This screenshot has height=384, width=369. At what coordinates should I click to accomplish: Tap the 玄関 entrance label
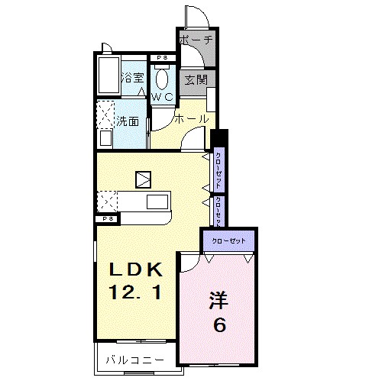tap(193, 79)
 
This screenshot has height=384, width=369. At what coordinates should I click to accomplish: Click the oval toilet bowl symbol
tap(162, 78)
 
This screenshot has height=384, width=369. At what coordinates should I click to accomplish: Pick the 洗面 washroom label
tap(128, 121)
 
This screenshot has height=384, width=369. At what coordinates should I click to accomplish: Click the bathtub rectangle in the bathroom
tap(108, 76)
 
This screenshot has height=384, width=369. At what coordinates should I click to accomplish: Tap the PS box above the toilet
tap(161, 58)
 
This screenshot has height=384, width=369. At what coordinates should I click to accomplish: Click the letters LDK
tap(134, 269)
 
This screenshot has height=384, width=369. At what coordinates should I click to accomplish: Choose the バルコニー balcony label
tap(134, 359)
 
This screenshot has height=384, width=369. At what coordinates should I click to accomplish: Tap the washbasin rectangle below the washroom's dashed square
tap(106, 139)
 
